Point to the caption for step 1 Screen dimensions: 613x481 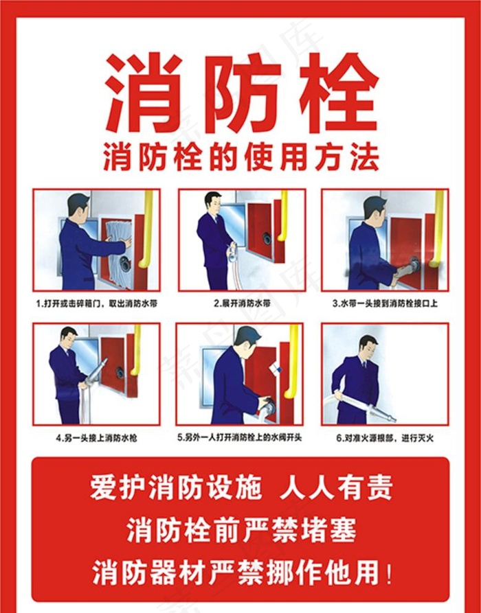pos(96,303)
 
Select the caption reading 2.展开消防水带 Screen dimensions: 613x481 pos(240,303)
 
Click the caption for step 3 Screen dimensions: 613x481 pos(385,303)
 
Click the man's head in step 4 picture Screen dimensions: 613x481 pos(69,337)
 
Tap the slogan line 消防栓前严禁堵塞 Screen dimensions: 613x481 pos(240,529)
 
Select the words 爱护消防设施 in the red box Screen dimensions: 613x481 pos(176,488)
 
